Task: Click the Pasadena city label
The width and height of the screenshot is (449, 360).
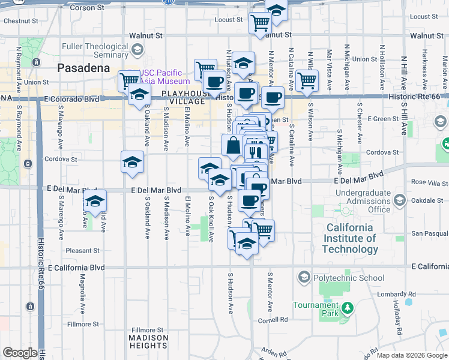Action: pos(83,68)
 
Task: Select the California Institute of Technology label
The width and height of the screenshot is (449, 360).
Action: pos(352,238)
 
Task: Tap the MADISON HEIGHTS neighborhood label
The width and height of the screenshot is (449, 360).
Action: pos(148,341)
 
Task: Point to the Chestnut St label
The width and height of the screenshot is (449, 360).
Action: pos(20,20)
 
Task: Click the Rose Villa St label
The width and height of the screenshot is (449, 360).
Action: pos(426,182)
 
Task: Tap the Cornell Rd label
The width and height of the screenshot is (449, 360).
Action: pos(275,320)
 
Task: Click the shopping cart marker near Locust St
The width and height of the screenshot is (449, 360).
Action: pos(260,23)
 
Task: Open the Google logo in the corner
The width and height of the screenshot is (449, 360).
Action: pos(20,353)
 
